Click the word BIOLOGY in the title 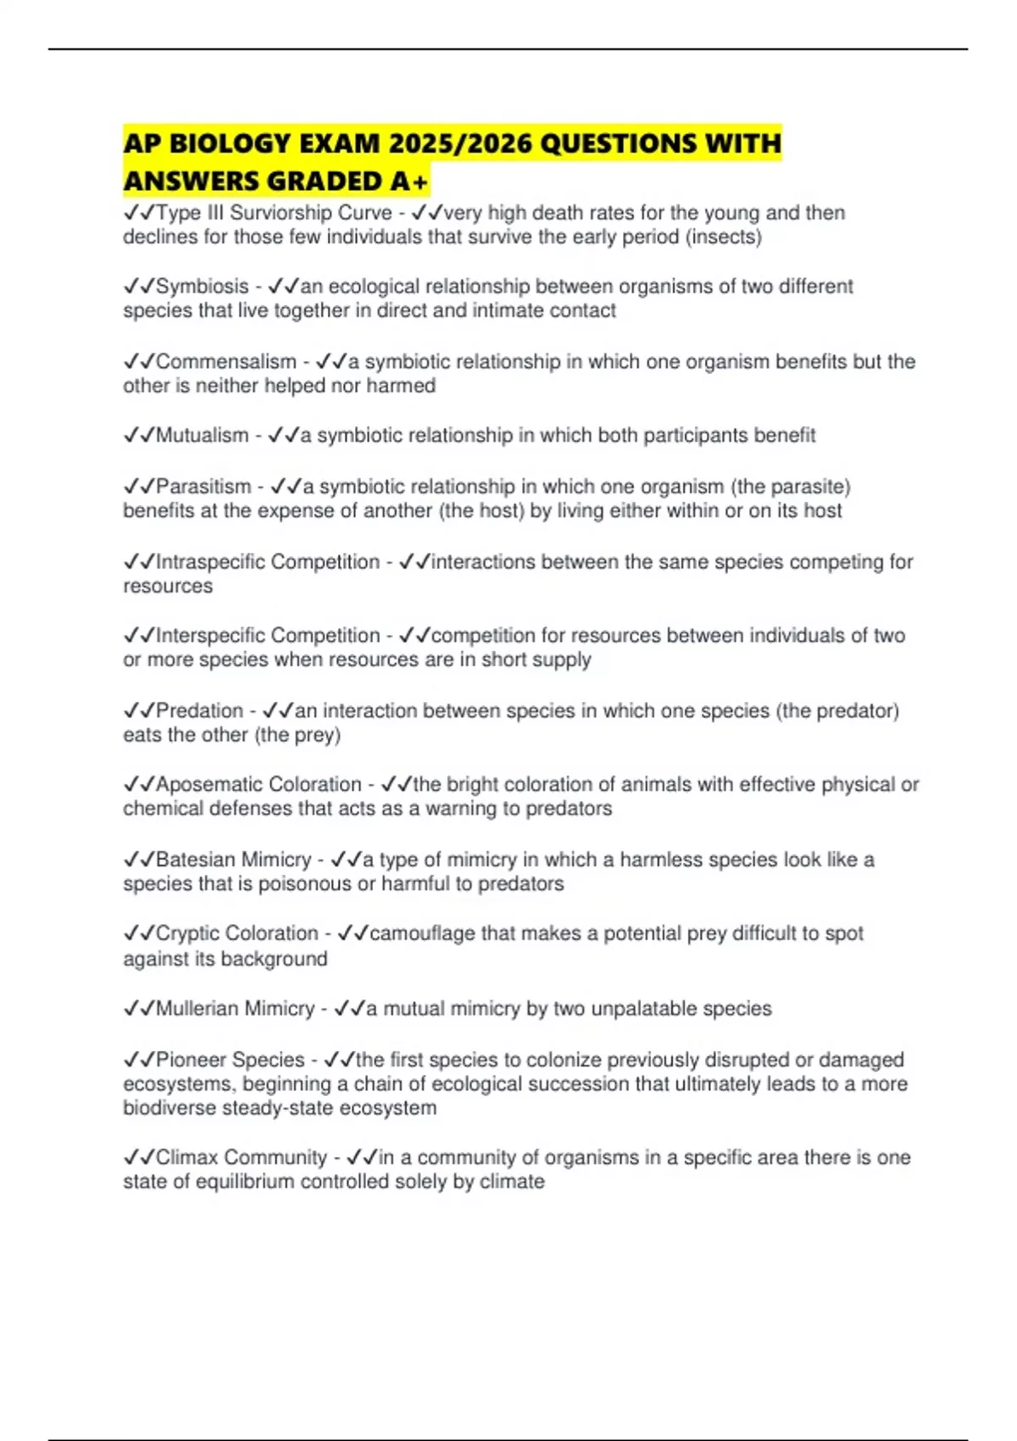coord(230,143)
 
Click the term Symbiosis coord(202,287)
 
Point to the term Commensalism coord(225,362)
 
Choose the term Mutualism coord(202,436)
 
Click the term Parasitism coord(203,487)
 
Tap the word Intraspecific coord(208,562)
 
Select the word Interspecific coord(208,636)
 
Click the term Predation coord(199,710)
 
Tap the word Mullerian coord(197,1009)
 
